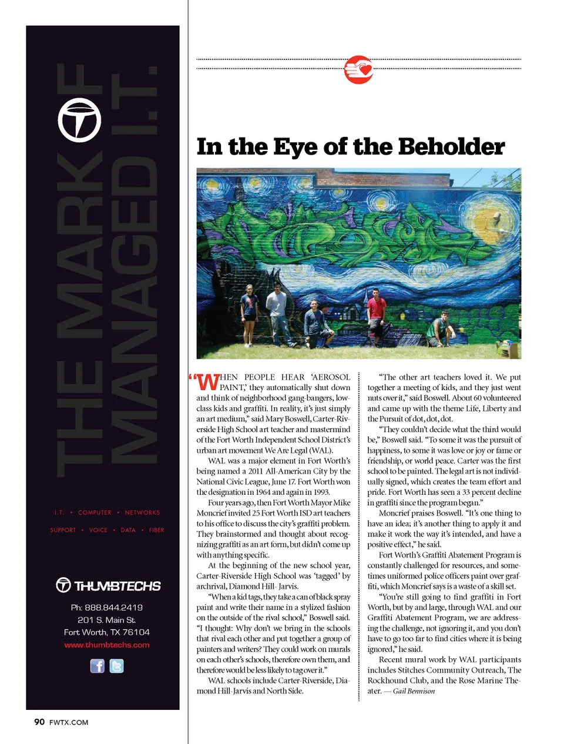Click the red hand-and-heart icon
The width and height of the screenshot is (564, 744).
tap(359, 70)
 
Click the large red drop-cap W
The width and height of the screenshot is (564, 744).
tap(208, 382)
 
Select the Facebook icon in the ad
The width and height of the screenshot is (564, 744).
tap(97, 666)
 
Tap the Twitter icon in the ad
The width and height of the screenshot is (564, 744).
tap(116, 666)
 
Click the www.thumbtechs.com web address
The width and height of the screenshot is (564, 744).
tap(107, 645)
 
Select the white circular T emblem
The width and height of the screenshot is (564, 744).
tap(79, 120)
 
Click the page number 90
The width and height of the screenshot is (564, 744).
tap(39, 722)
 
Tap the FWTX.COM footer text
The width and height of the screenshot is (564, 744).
tap(69, 722)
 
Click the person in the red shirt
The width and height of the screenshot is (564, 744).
tap(376, 315)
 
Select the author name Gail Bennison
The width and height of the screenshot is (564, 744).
tap(414, 691)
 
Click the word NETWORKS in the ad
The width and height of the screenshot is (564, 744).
tap(142, 512)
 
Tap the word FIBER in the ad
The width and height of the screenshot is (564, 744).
tap(156, 530)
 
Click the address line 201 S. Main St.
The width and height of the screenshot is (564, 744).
tap(107, 620)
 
